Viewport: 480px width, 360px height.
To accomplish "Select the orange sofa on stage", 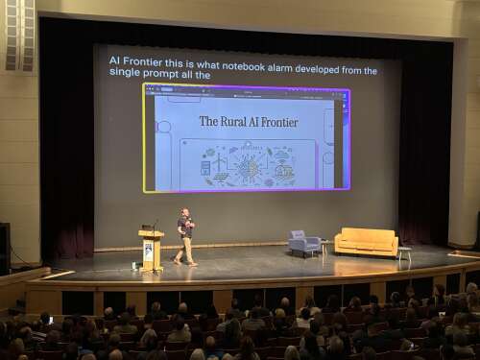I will [366, 242].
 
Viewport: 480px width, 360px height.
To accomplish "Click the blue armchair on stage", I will [303, 244].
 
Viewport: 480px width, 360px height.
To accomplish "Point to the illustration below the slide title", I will [249, 165].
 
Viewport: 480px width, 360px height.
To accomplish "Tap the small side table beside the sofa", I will [404, 255].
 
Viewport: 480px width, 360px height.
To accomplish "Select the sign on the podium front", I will [149, 252].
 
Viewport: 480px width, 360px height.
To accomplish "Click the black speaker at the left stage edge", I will [5, 248].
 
